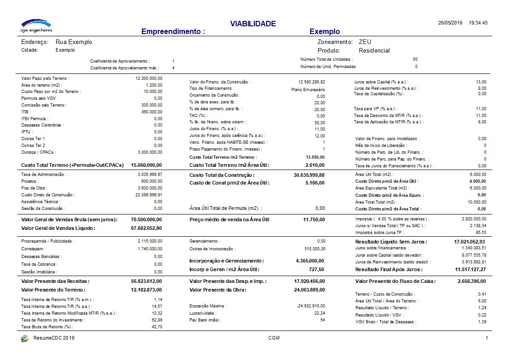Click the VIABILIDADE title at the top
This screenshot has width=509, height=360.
[x=253, y=24]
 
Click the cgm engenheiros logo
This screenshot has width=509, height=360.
[x=37, y=25]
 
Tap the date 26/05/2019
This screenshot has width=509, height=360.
[x=450, y=23]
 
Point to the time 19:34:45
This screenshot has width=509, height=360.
[x=478, y=23]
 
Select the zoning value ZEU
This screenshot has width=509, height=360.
[x=365, y=42]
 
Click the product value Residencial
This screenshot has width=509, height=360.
[x=374, y=50]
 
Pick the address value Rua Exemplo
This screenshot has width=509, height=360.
[x=74, y=42]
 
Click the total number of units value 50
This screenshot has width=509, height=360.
[x=415, y=59]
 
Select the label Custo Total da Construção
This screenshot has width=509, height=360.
[x=222, y=175]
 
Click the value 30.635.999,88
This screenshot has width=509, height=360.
[x=309, y=175]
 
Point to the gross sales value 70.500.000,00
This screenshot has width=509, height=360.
[x=146, y=219]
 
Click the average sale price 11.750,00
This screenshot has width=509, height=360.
[x=314, y=219]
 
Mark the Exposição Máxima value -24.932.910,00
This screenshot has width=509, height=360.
[x=311, y=306]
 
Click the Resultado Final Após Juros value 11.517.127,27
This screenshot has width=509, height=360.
[x=470, y=269]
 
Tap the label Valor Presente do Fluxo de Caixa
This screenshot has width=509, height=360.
[x=395, y=281]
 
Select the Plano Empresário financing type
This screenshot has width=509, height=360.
[x=308, y=89]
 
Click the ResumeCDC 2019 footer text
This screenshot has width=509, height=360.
[x=54, y=338]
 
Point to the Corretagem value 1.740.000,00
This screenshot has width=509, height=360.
[x=150, y=249]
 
